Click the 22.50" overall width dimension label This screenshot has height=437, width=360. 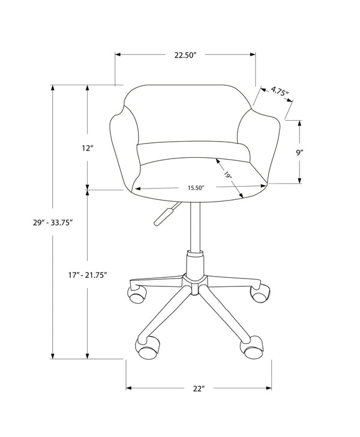point(186,55)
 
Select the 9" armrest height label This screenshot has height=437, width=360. point(298,152)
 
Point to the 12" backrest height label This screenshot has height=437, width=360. point(88,148)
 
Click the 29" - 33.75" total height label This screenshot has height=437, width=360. point(53,222)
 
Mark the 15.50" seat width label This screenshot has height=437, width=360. point(196,188)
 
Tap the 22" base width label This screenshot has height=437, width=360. point(199,388)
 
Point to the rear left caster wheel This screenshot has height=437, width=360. point(136,294)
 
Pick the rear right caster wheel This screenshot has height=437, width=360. point(258,294)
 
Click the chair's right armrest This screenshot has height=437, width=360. point(264,144)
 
